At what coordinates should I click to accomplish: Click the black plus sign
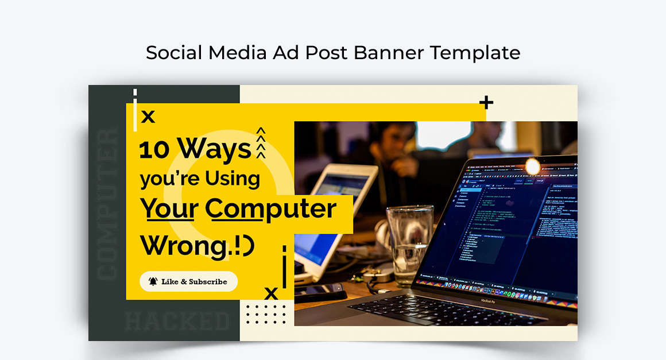[486, 103]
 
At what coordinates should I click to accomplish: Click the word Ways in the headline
[214, 149]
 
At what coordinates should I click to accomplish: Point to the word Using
[232, 179]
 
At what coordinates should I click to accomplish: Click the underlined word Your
[170, 209]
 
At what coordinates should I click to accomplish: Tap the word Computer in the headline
[270, 209]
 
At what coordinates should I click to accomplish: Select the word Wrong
[184, 246]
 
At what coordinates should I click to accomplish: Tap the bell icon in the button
[153, 281]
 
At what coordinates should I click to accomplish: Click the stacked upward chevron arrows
[261, 142]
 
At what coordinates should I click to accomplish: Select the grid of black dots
[266, 314]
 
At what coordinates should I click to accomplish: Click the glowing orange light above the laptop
[533, 167]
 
